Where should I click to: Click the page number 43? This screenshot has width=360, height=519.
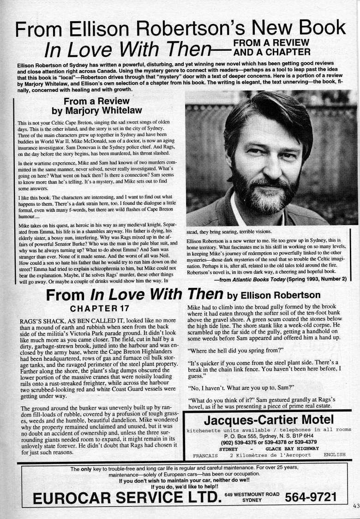(354, 505)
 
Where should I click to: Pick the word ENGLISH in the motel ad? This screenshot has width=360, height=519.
(335, 454)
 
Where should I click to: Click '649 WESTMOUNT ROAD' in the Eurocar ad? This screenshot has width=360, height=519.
(252, 494)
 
